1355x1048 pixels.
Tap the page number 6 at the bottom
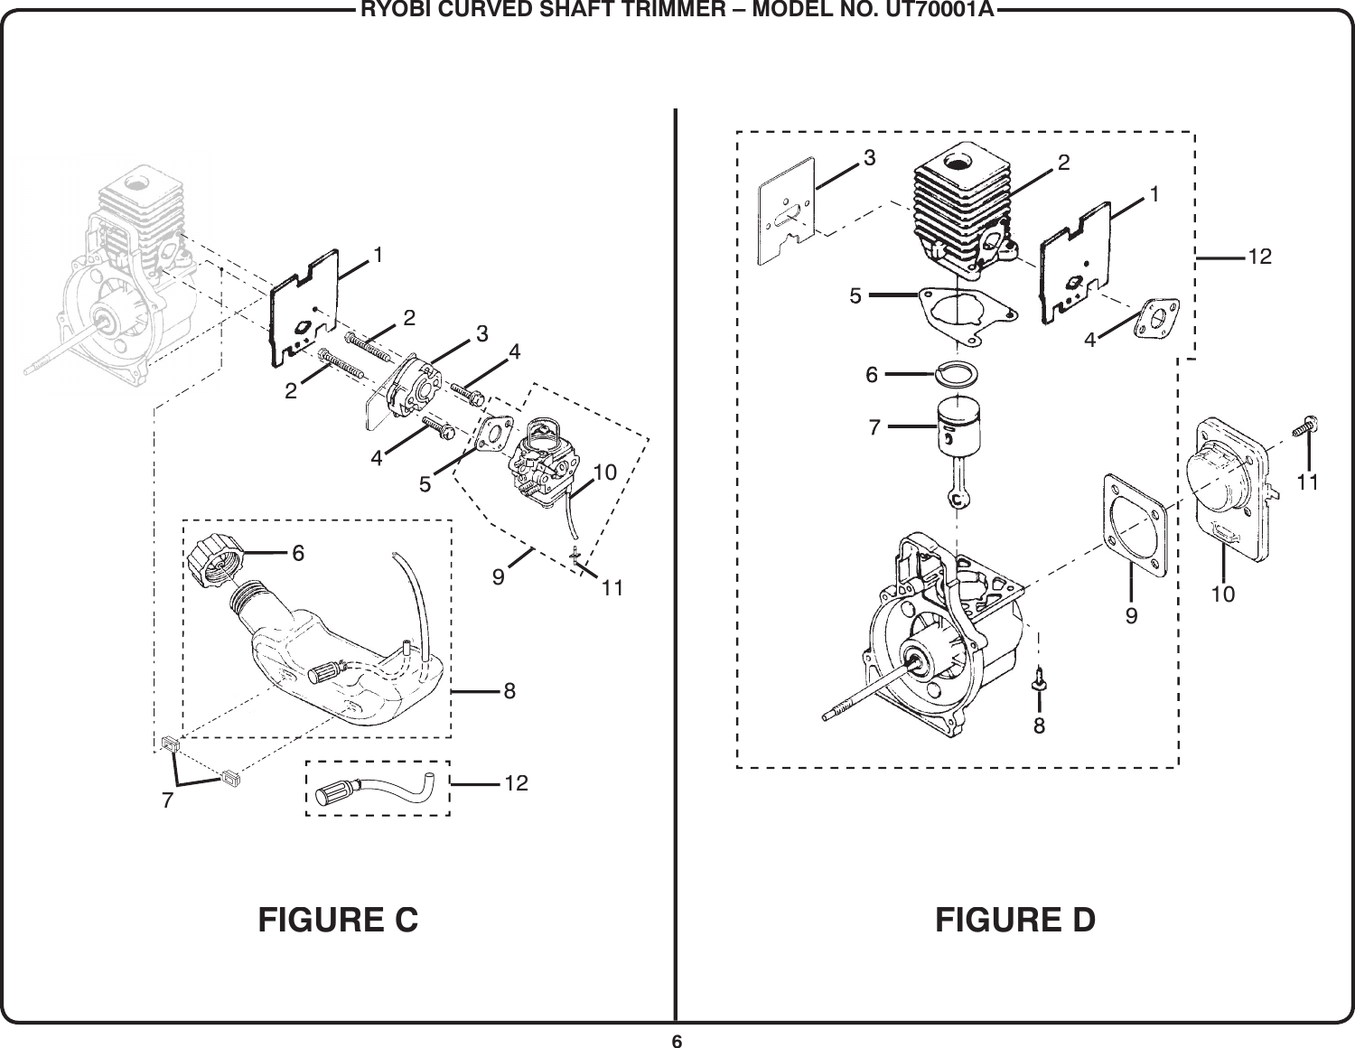point(676,1039)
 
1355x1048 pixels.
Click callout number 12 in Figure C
point(517,782)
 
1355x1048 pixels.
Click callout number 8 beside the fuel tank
point(509,691)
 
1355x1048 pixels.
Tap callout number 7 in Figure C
point(167,800)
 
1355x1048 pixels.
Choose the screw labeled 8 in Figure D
point(1040,678)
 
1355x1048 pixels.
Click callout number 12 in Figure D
point(1259,257)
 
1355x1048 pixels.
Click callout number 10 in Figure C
point(605,472)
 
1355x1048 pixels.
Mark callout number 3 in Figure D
point(869,158)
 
